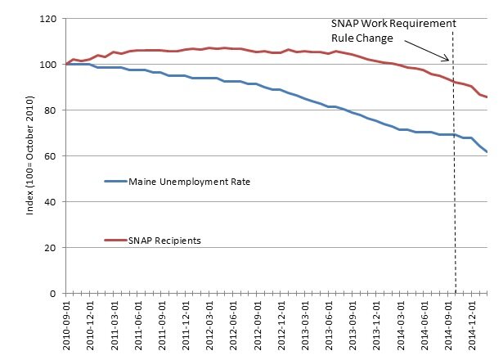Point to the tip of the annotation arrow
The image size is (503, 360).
[x=449, y=61]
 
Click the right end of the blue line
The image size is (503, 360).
[x=487, y=151]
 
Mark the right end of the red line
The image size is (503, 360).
[x=487, y=97]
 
